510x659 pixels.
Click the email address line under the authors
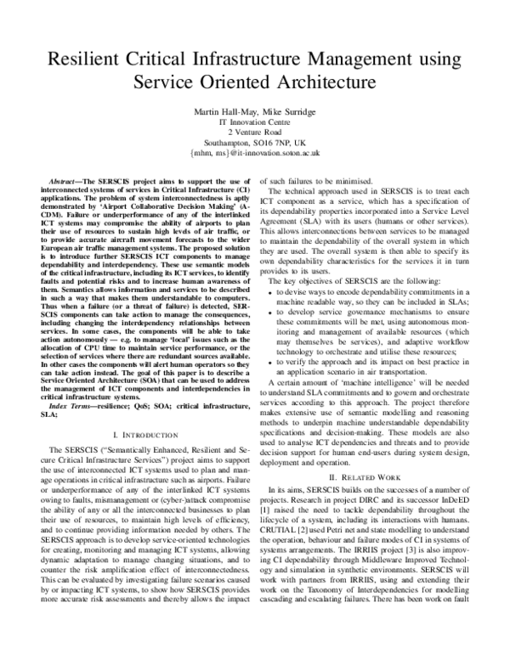coord(254,156)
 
